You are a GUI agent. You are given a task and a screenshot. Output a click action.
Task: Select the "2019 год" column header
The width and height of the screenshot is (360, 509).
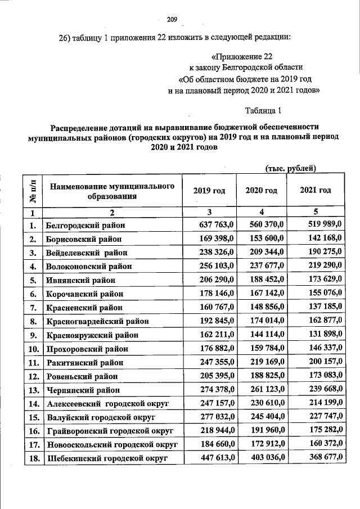coord(209,191)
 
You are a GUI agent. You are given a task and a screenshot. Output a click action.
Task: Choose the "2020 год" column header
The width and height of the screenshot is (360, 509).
coord(262,191)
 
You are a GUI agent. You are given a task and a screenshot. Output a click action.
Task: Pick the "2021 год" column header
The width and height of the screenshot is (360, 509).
coord(316,190)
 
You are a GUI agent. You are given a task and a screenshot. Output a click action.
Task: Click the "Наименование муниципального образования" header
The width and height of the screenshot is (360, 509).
coord(112,191)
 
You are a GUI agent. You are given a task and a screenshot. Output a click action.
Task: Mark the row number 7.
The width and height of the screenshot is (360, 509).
coord(33,308)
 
